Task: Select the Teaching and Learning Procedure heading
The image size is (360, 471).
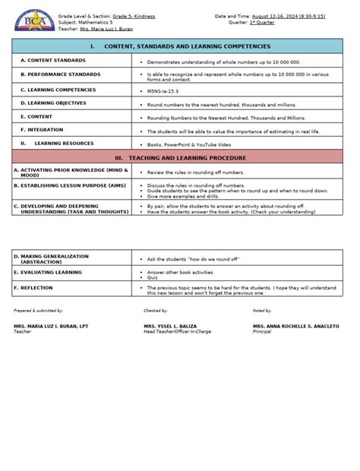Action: pyautogui.click(x=180, y=158)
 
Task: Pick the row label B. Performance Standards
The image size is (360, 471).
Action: pyautogui.click(x=60, y=74)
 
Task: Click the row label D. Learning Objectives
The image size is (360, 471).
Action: pyautogui.click(x=53, y=103)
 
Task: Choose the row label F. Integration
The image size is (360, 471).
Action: pyautogui.click(x=42, y=130)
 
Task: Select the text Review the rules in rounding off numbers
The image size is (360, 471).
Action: pyautogui.click(x=195, y=172)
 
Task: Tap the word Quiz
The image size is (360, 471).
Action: pyautogui.click(x=152, y=277)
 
